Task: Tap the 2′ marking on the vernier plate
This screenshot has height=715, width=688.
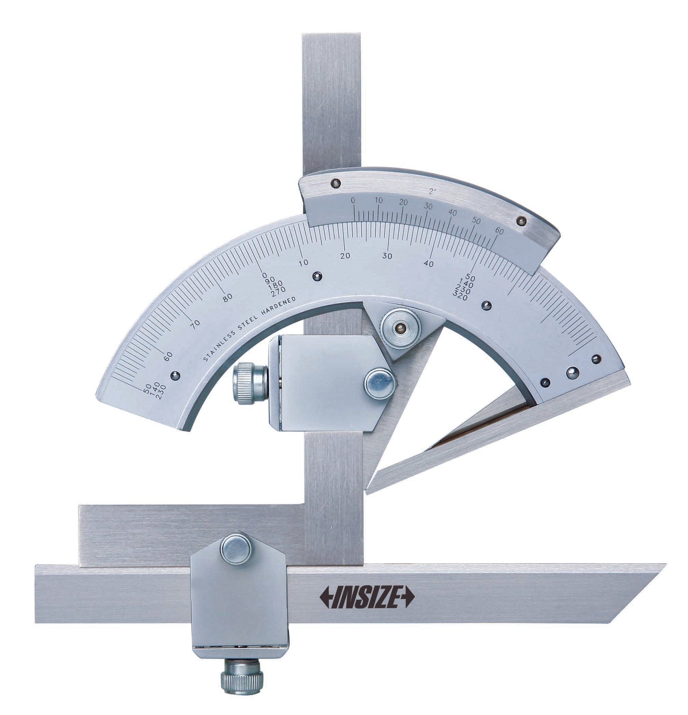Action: tap(433, 191)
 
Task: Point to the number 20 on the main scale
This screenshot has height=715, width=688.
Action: tap(345, 256)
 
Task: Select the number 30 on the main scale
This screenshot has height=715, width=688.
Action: tap(387, 256)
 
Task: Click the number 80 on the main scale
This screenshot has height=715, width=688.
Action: tap(228, 298)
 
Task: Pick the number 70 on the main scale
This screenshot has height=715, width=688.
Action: tap(196, 323)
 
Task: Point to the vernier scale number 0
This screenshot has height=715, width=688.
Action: tap(353, 200)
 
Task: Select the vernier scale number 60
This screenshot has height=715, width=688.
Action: tap(500, 231)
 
